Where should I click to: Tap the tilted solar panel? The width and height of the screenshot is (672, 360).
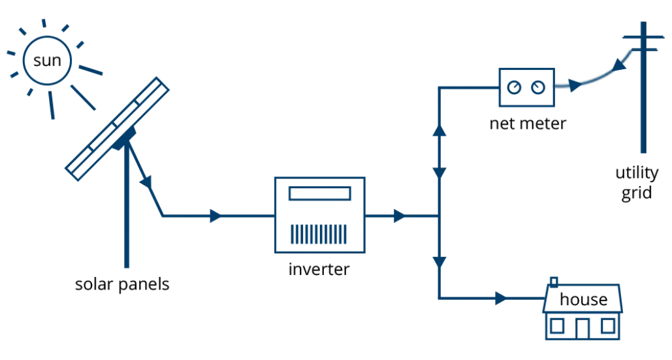[118, 127]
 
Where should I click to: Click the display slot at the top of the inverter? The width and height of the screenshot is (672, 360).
[319, 193]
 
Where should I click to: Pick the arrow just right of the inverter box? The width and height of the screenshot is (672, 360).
[397, 216]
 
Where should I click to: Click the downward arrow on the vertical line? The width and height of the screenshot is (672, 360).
[440, 261]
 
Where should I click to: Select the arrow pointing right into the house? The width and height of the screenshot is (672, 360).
[499, 298]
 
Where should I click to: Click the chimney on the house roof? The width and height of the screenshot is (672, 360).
[554, 282]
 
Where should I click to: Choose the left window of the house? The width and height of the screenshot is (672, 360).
[559, 325]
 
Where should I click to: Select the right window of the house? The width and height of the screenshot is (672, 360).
[609, 325]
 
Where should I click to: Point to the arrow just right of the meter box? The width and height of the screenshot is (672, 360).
[573, 85]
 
